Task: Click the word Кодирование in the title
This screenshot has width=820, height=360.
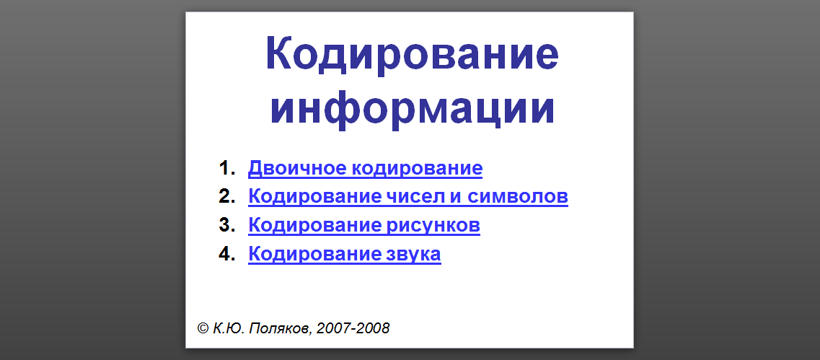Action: tap(412, 54)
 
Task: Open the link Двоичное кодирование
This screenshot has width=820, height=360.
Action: tap(365, 169)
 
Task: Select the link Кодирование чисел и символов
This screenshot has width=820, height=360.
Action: tap(408, 197)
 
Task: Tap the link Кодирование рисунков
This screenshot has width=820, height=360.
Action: tap(364, 226)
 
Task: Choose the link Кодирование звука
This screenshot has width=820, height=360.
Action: tap(345, 254)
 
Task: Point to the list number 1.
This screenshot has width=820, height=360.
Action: tap(227, 169)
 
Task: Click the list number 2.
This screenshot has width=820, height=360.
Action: tap(227, 197)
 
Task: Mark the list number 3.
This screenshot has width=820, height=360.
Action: tap(227, 225)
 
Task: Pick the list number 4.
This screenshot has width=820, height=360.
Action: tap(227, 254)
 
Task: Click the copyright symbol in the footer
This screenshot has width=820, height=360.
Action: tap(203, 328)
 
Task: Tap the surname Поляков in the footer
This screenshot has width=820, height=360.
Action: tap(278, 328)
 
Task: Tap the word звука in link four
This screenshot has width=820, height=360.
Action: tap(414, 255)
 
